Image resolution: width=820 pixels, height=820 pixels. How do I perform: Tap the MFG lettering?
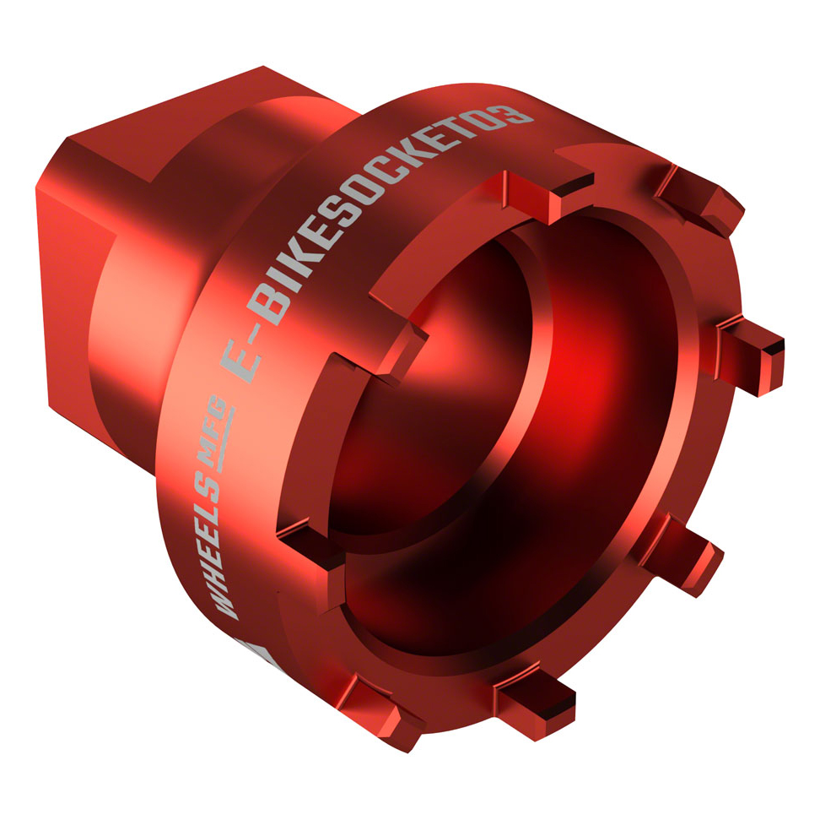coord(215,435)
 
